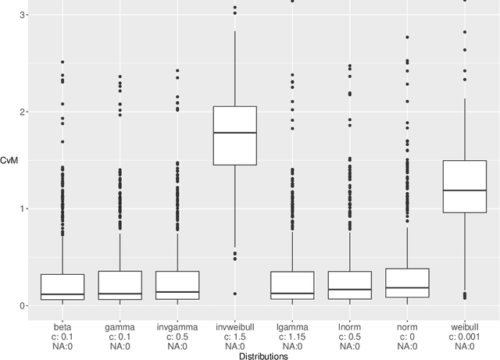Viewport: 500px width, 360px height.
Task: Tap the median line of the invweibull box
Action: (x=234, y=133)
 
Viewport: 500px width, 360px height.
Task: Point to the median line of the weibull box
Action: (x=464, y=190)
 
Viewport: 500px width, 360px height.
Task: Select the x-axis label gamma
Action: (x=120, y=327)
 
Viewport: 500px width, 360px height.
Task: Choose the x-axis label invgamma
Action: (x=177, y=327)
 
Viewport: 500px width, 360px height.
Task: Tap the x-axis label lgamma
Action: (x=292, y=327)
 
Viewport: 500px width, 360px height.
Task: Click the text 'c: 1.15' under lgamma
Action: (x=292, y=337)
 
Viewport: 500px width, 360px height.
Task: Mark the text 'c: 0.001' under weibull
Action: (x=464, y=337)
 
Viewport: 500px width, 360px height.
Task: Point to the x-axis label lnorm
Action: (x=349, y=327)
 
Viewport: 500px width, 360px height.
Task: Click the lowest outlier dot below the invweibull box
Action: (x=234, y=294)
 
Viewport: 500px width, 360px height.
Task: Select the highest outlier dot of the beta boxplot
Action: (x=62, y=62)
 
